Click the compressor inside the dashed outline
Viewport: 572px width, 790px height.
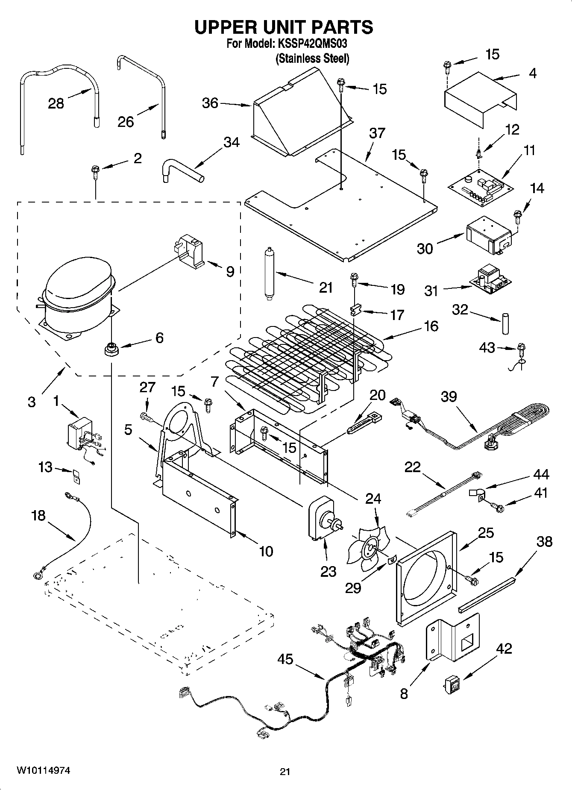(x=77, y=299)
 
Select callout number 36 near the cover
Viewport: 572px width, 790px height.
(x=210, y=103)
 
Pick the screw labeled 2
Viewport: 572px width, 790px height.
(x=94, y=173)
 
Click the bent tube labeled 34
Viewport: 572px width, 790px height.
(x=179, y=169)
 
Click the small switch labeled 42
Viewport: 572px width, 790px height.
(x=452, y=684)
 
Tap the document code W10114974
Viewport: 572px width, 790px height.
(x=43, y=770)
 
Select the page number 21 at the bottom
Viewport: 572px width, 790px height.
(x=285, y=771)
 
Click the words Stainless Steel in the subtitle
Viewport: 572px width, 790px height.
(x=312, y=59)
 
